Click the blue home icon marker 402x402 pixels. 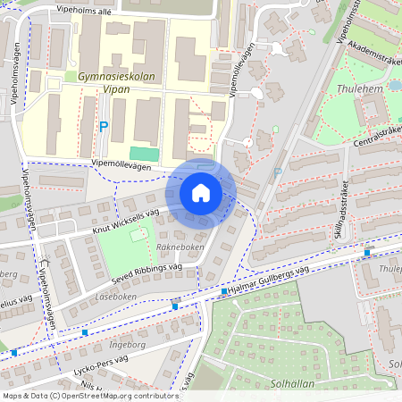pos(201,193)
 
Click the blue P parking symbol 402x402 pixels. pos(103,128)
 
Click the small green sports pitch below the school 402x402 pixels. pos(142,154)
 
